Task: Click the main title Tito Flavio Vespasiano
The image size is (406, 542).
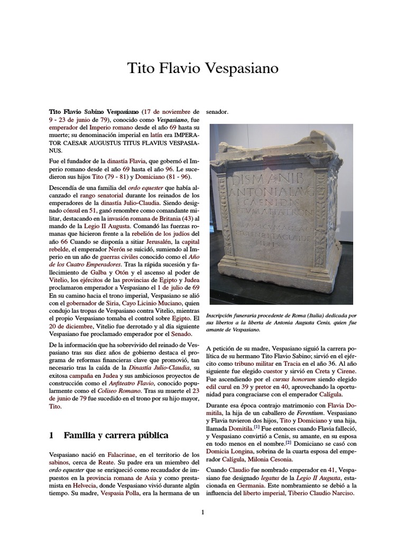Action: (203, 68)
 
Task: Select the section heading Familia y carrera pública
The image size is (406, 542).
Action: (116, 435)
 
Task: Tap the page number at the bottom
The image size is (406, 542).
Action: (202, 512)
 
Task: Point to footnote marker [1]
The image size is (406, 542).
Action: (256, 426)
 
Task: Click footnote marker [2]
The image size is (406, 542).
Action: (288, 441)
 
